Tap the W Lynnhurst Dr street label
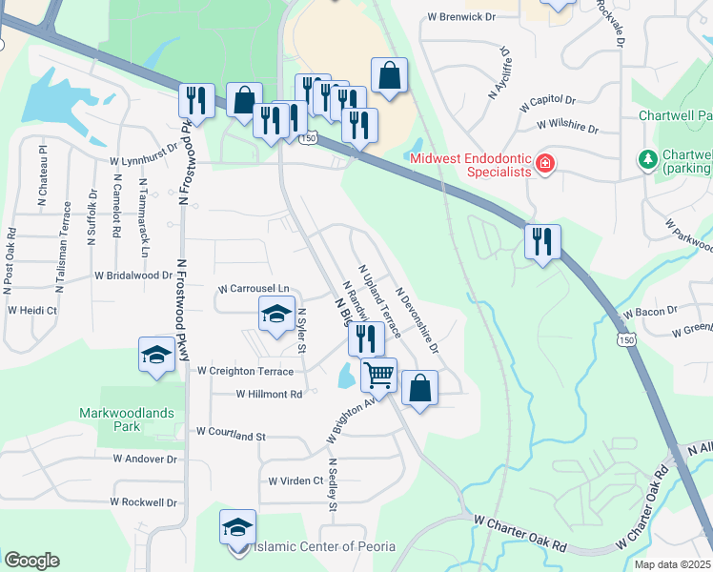pyautogui.click(x=143, y=161)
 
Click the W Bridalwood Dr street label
pyautogui.click(x=133, y=275)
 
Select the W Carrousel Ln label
pyautogui.click(x=254, y=288)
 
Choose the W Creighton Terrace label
pyautogui.click(x=245, y=370)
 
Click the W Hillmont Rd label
pyautogui.click(x=269, y=393)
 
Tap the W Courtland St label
pyautogui.click(x=230, y=433)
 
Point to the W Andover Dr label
pyautogui.click(x=145, y=459)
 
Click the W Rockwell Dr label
pyautogui.click(x=143, y=501)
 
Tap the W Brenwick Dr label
pyautogui.click(x=462, y=17)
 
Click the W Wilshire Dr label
pyautogui.click(x=567, y=125)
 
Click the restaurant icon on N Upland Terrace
pyautogui.click(x=366, y=337)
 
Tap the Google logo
pyautogui.click(x=31, y=561)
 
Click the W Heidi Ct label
pyautogui.click(x=33, y=311)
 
